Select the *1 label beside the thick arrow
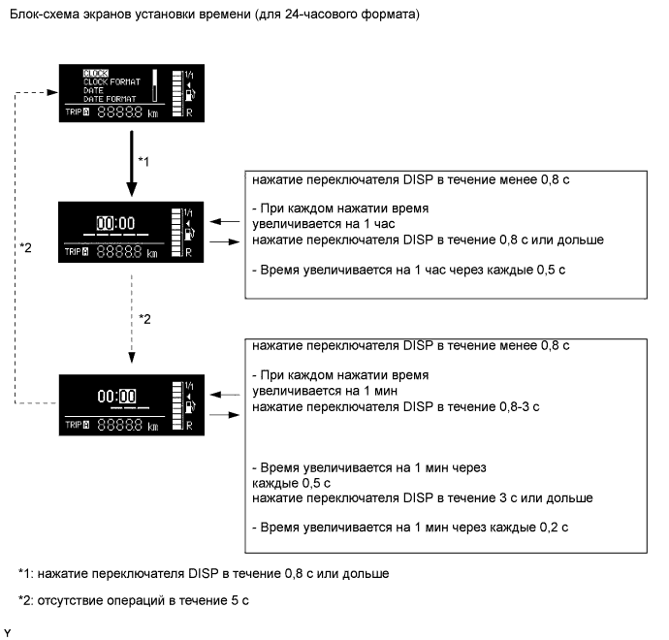(143, 161)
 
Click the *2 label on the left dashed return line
(26, 247)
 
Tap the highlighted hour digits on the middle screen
(107, 222)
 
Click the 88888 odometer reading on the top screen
(119, 112)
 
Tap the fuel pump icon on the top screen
(190, 94)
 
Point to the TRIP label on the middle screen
(75, 251)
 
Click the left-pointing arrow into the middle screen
(224, 220)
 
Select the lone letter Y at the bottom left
(8, 632)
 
